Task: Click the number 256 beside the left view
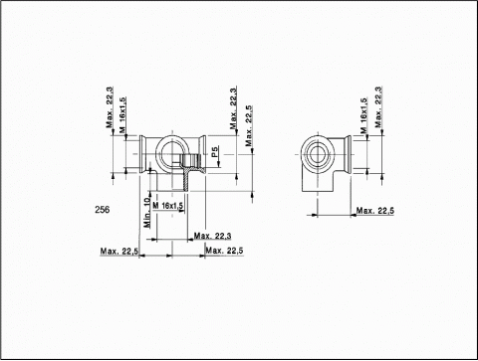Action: coord(102,210)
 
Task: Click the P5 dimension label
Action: coord(215,152)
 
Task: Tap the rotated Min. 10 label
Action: coord(146,212)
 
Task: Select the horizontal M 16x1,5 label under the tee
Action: coord(168,206)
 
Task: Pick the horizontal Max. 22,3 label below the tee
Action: coord(212,236)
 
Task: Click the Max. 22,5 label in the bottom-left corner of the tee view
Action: coord(119,251)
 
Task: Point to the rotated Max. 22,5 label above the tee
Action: coord(249,126)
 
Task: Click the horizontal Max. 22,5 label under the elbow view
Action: coord(375,210)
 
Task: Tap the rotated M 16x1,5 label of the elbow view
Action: coord(364,115)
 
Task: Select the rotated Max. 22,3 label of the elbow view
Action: coord(378,107)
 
